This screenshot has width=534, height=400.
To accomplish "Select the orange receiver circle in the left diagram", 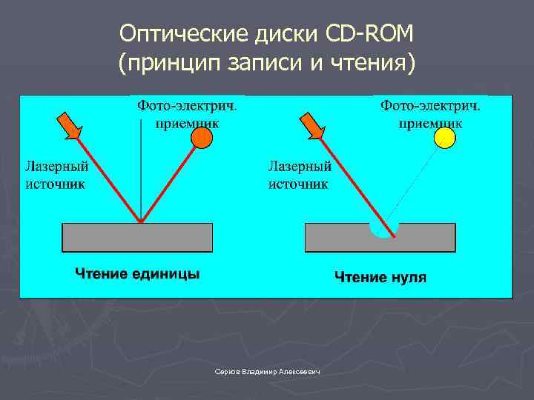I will click(201, 137).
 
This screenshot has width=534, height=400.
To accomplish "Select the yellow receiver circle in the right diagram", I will click(444, 137).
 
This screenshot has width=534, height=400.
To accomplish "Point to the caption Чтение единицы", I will click(136, 274).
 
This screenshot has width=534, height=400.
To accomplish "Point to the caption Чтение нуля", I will click(380, 277).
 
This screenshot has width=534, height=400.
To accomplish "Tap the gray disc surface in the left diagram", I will click(137, 237).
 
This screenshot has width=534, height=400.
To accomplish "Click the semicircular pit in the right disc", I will click(384, 229).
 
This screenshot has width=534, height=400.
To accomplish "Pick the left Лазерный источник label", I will click(56, 175).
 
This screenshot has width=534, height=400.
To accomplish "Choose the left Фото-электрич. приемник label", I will click(187, 114).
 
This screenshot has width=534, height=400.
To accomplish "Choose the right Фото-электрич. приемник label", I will click(430, 114).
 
